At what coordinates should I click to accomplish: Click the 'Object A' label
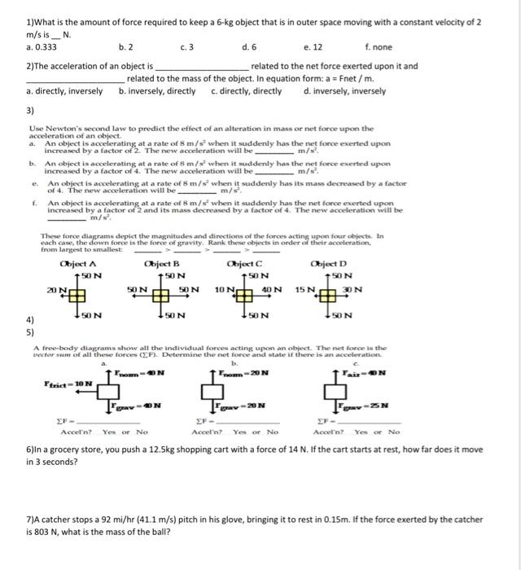pyautogui.click(x=78, y=264)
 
